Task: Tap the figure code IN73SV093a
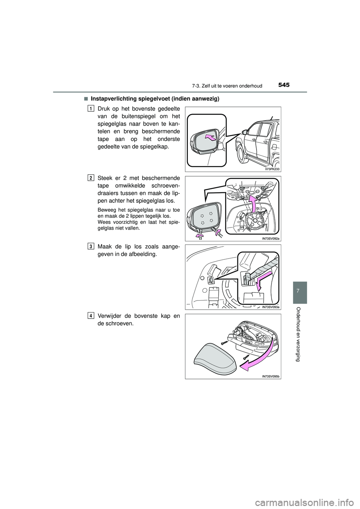[x=271, y=307]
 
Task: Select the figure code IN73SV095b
[x=271, y=376]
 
